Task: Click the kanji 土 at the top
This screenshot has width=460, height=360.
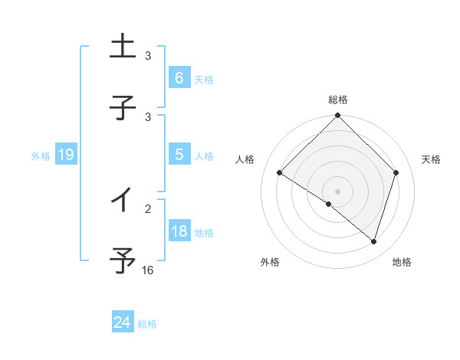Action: [x=123, y=47]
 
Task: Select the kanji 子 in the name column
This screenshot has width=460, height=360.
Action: [x=123, y=106]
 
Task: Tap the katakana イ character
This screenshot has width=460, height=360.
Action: [x=122, y=200]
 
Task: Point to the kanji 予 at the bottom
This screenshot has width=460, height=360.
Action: [x=123, y=260]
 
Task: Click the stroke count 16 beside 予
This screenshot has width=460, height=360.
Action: [x=148, y=270]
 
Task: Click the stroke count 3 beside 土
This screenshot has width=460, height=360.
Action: [x=148, y=56]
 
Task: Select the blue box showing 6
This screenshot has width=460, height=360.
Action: [x=179, y=78]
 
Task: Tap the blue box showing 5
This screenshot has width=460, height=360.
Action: [x=179, y=155]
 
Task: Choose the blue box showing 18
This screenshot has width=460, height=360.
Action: [x=179, y=231]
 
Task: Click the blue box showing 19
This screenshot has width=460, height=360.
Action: [x=65, y=155]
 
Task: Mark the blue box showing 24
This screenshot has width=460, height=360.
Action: [x=122, y=322]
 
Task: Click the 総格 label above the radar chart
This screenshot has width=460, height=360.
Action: [x=338, y=100]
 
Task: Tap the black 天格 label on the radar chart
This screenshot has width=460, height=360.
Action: [x=431, y=159]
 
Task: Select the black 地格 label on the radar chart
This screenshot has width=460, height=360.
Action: [x=402, y=262]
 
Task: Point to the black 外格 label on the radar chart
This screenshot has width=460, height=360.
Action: [x=270, y=262]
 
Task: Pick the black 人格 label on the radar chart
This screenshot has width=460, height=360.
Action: [x=245, y=159]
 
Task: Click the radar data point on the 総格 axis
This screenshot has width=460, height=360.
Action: [x=338, y=116]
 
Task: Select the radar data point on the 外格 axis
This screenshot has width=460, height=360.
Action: [x=329, y=204]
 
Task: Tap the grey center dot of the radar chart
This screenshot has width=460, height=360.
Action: [x=338, y=191]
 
